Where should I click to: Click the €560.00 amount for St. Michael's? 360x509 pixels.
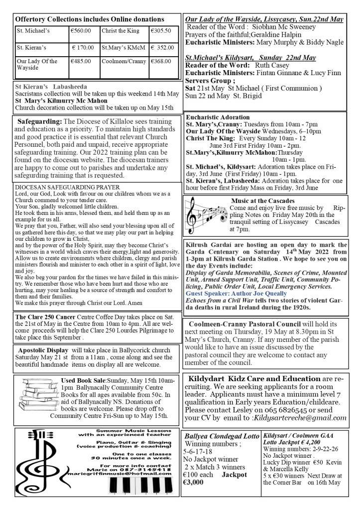tap(81, 30)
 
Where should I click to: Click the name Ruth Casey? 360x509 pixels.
tap(272, 65)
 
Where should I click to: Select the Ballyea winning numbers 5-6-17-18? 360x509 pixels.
tap(199, 452)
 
